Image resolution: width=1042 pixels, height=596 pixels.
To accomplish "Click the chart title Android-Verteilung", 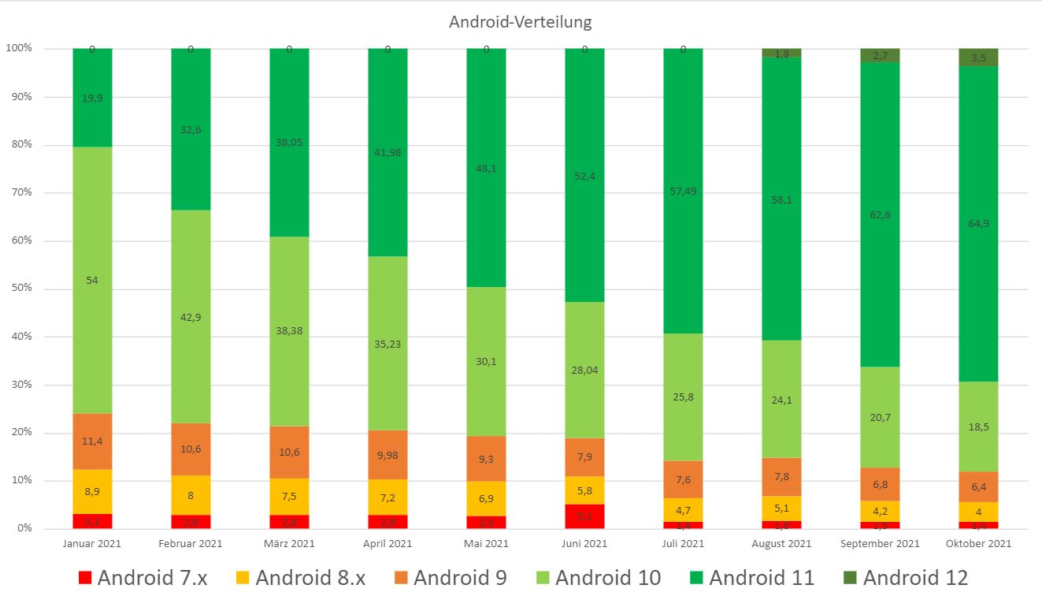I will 520,22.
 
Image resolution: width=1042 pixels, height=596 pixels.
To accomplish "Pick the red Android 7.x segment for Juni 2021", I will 584,516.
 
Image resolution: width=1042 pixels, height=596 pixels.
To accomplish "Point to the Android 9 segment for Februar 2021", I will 191,449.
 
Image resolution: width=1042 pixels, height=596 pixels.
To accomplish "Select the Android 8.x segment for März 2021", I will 289,497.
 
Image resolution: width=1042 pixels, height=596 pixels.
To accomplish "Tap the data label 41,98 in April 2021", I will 388,152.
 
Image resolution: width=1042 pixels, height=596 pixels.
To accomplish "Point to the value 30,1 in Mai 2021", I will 486,362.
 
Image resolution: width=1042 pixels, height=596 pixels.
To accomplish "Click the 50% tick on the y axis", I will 20,289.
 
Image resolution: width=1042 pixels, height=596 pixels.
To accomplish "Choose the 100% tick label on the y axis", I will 19,49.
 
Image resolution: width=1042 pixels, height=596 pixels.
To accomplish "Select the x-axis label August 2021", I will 781,544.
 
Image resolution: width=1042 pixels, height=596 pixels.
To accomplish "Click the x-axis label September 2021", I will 880,544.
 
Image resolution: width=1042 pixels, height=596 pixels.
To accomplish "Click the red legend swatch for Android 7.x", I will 85,578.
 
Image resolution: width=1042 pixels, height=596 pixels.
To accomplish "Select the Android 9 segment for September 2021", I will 880,484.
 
